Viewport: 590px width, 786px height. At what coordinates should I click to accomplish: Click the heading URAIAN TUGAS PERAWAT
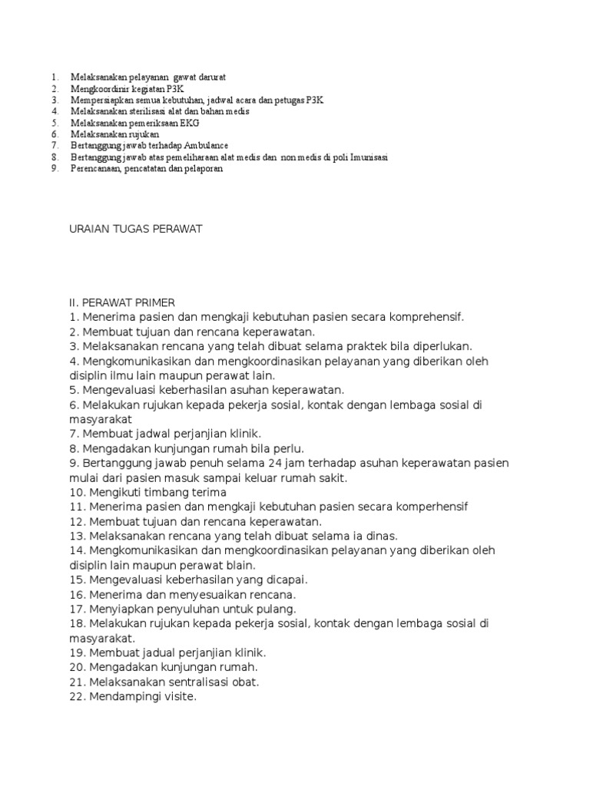(x=135, y=230)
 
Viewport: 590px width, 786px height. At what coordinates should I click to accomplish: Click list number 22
(x=77, y=696)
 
